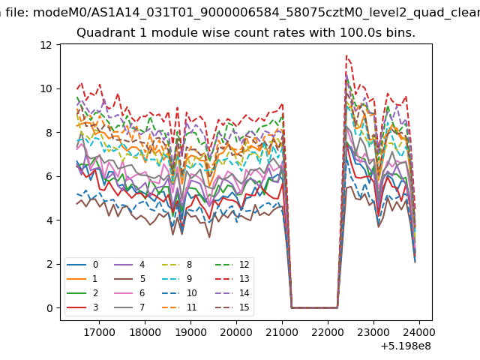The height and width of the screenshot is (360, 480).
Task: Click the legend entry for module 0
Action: (82, 265)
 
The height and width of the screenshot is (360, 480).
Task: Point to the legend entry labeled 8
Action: (177, 265)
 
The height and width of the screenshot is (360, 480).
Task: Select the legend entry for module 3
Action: (82, 307)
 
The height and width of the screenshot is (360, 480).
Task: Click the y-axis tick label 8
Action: (49, 133)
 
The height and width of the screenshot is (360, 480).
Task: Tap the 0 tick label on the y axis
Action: (49, 308)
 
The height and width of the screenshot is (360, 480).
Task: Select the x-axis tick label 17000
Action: (99, 332)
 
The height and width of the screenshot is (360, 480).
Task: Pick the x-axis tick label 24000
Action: (419, 332)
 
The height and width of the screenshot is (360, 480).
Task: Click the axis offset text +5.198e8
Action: (406, 346)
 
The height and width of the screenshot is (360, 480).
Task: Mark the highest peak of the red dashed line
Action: (346, 55)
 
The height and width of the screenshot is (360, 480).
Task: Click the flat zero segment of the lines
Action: (314, 307)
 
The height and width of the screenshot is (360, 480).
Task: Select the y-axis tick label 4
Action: (49, 220)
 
